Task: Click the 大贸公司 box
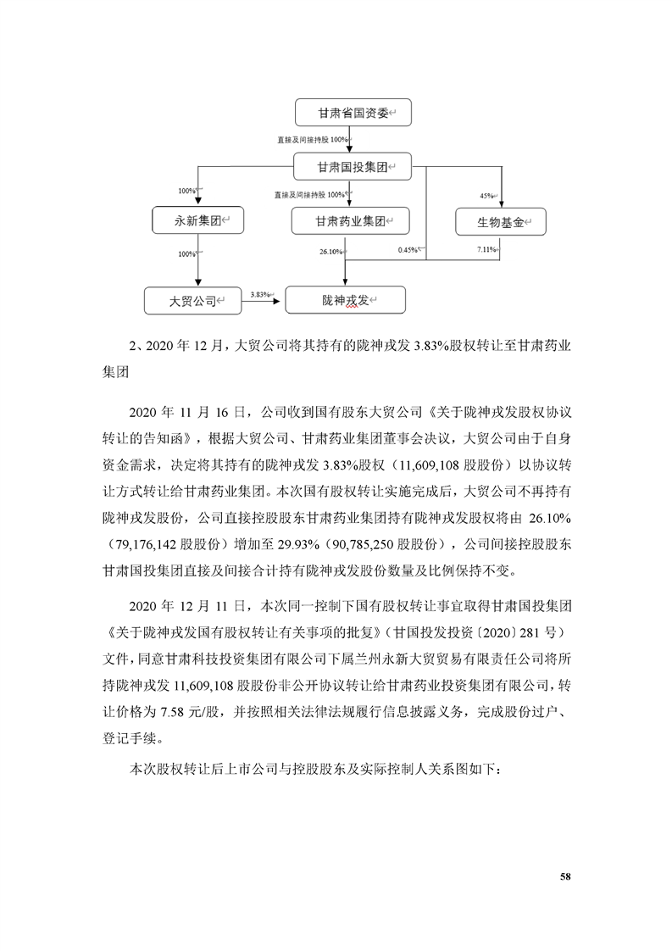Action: pos(192,299)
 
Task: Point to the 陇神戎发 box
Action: pos(346,299)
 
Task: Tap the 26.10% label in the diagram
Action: pos(330,252)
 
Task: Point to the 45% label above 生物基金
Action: pos(487,196)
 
